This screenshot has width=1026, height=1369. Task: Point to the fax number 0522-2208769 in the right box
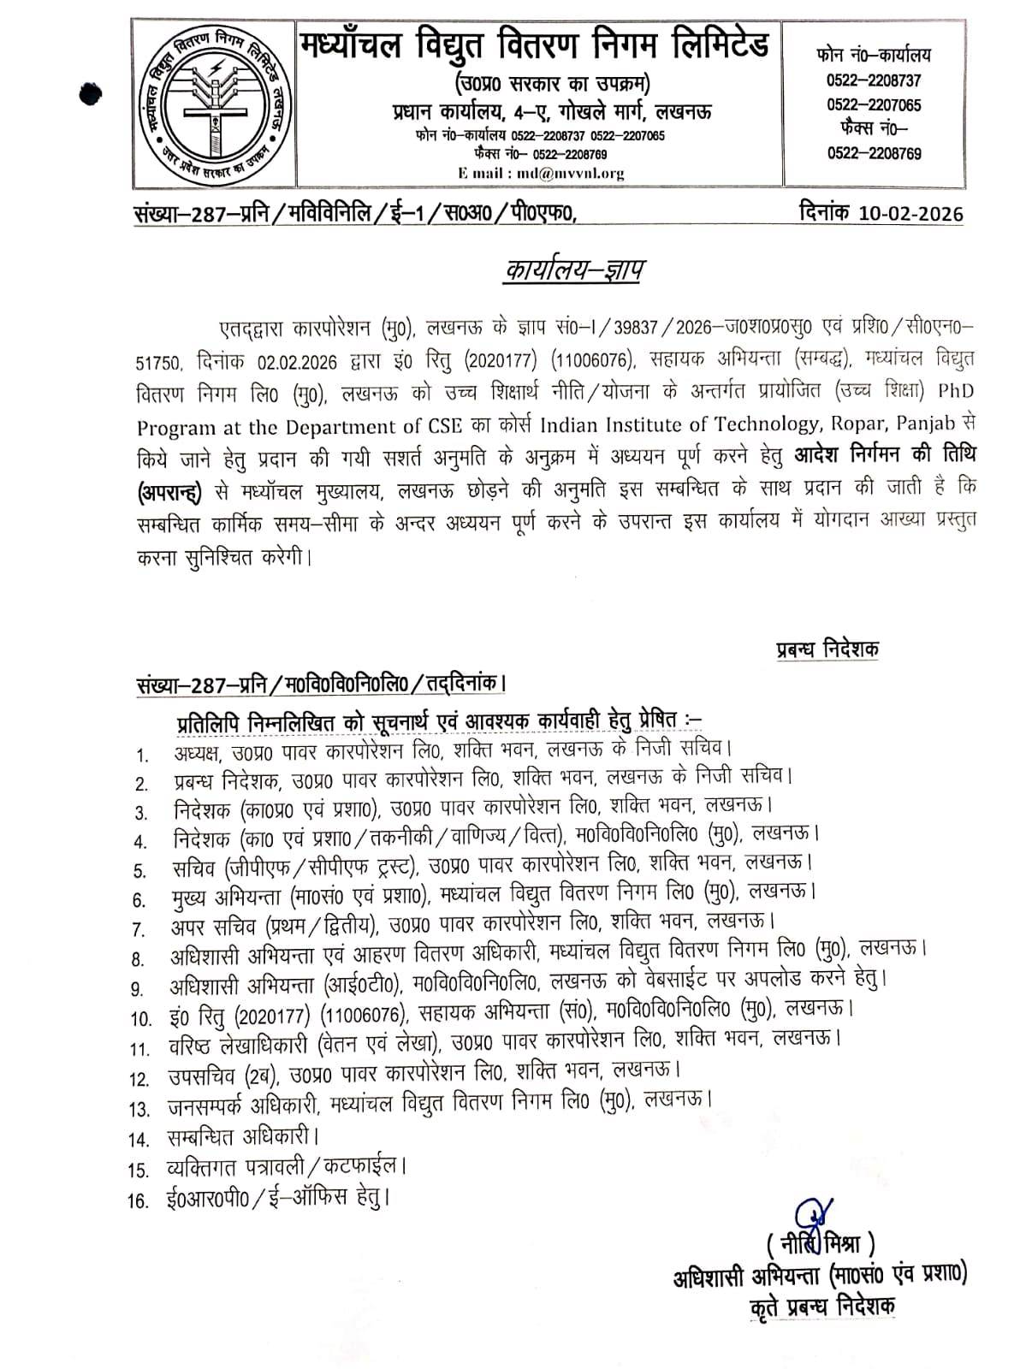pos(874,154)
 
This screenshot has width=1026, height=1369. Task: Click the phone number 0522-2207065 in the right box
pos(874,105)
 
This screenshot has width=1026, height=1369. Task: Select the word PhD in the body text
pos(956,392)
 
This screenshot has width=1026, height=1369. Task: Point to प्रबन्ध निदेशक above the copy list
pos(827,649)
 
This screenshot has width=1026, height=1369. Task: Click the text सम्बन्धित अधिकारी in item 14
pos(242,1139)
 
